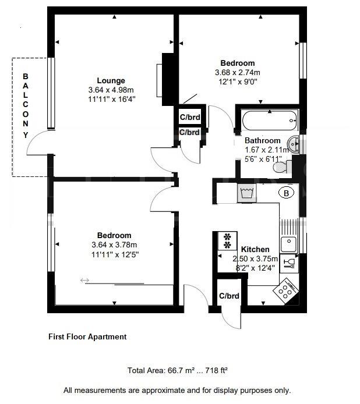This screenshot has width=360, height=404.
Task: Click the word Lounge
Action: pyautogui.click(x=111, y=80)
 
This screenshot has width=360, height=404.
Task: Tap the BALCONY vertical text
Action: pyautogui.click(x=25, y=105)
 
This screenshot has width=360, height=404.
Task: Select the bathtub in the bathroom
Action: pyautogui.click(x=269, y=121)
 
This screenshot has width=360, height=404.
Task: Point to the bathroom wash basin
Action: pyautogui.click(x=296, y=143)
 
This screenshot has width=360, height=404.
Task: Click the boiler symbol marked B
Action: pyautogui.click(x=286, y=193)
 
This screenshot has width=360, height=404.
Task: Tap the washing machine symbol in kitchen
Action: pyautogui.click(x=246, y=193)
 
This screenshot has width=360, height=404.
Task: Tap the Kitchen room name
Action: pyautogui.click(x=255, y=249)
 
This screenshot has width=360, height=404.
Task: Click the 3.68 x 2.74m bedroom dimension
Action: pyautogui.click(x=237, y=73)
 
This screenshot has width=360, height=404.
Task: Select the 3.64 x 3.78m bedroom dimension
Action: pyautogui.click(x=114, y=245)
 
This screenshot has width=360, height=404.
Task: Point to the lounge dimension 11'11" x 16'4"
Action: pyautogui.click(x=111, y=99)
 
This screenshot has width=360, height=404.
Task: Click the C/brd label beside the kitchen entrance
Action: pyautogui.click(x=229, y=296)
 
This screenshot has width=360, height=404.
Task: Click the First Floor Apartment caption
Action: pyautogui.click(x=87, y=336)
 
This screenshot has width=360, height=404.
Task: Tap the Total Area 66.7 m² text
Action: pyautogui.click(x=177, y=370)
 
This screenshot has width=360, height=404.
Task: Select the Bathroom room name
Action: pyautogui.click(x=262, y=140)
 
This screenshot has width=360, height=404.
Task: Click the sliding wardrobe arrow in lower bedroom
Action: pyautogui.click(x=84, y=281)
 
